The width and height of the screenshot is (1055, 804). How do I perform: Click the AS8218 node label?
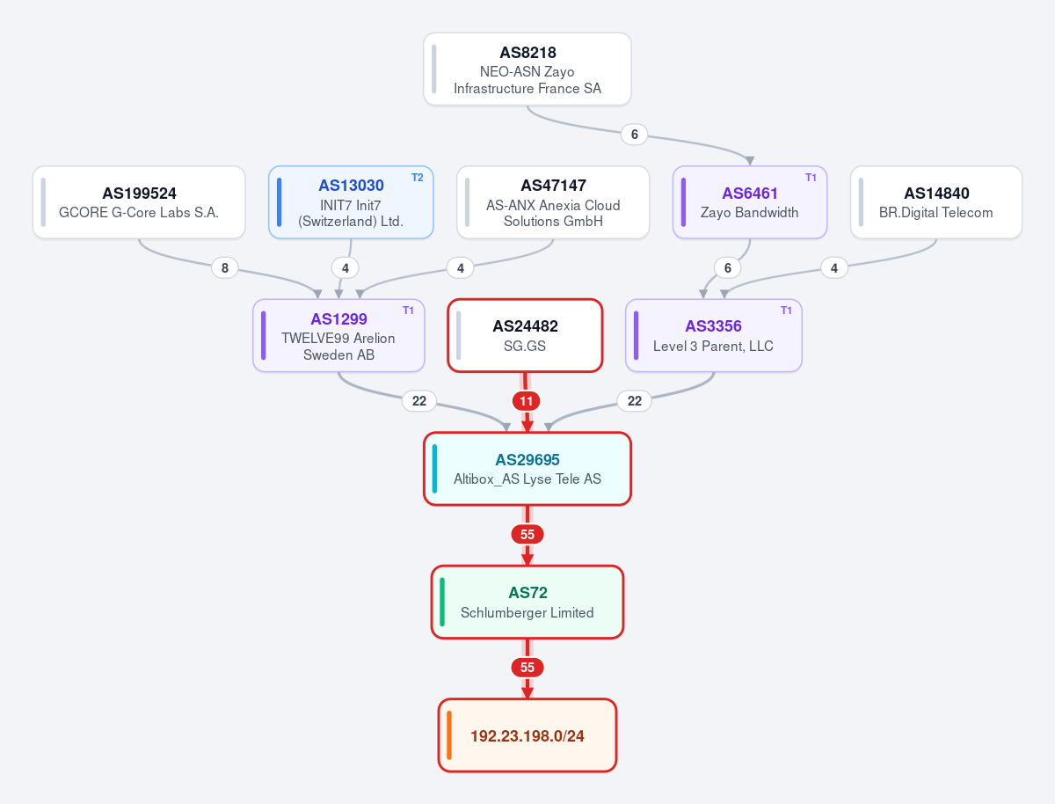pos(527,53)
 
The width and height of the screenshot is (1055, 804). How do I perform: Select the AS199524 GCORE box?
pos(139,202)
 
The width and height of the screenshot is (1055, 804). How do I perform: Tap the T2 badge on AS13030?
pos(418,178)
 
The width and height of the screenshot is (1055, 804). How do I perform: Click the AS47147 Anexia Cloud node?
pos(553,202)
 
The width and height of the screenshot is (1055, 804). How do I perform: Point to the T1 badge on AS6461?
pos(811,178)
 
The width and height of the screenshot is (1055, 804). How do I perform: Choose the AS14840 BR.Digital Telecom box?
pos(936,202)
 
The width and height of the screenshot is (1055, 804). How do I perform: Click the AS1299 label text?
pos(338,318)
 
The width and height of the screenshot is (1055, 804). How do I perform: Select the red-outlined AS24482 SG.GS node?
pos(525,336)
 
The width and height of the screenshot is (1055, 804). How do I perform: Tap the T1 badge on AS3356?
pos(786,311)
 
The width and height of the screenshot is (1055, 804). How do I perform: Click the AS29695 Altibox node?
pos(527,469)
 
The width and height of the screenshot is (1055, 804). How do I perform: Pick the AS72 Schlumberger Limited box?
pos(527,602)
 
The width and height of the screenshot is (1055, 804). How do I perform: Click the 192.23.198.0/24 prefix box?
pos(527,735)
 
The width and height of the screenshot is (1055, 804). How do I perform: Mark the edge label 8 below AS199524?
pos(225,267)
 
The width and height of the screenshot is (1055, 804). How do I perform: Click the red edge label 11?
pos(527,401)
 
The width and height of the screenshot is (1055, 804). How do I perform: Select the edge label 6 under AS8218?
pos(635,135)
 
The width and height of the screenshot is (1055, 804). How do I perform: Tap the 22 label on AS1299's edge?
pos(419,401)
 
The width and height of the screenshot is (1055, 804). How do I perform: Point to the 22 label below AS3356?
pos(635,401)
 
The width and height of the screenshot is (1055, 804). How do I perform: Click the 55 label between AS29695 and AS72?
pos(527,534)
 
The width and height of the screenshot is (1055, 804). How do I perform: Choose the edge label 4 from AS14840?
pos(834,267)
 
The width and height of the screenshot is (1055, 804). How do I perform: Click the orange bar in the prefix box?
pos(449,735)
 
